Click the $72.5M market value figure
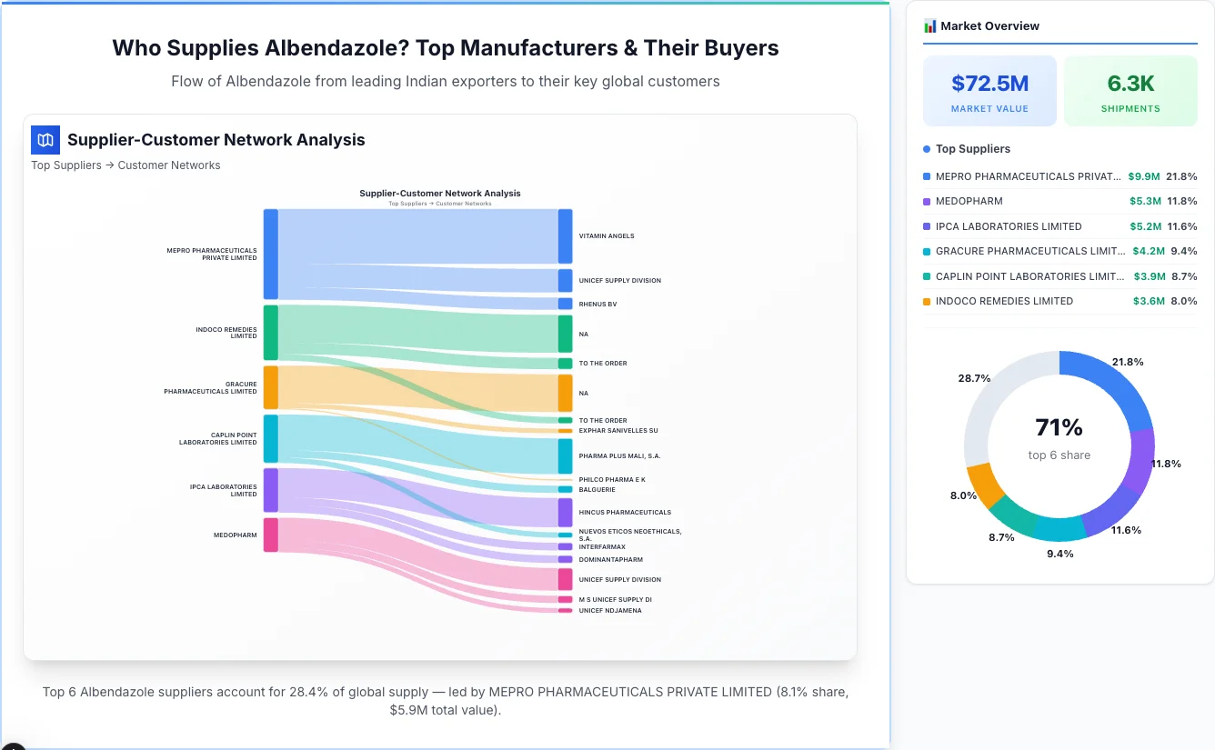click(x=989, y=84)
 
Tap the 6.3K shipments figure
click(x=1130, y=84)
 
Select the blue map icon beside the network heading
click(x=45, y=140)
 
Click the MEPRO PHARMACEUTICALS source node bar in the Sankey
click(x=270, y=254)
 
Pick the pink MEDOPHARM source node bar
click(x=270, y=535)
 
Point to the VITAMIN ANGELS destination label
click(x=607, y=236)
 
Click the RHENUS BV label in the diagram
click(x=597, y=305)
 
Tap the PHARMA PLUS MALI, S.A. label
click(x=619, y=455)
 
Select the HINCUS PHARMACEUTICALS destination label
click(x=625, y=513)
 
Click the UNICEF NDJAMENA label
click(x=610, y=611)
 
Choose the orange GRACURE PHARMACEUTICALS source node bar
click(x=270, y=387)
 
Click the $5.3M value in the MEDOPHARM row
click(x=1144, y=201)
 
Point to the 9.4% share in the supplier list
click(x=1184, y=251)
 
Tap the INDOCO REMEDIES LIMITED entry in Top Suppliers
click(x=1004, y=301)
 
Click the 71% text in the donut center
click(x=1059, y=427)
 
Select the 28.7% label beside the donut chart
click(x=974, y=378)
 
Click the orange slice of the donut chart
click(x=983, y=485)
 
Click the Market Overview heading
click(x=989, y=26)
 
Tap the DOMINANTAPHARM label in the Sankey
click(x=610, y=560)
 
